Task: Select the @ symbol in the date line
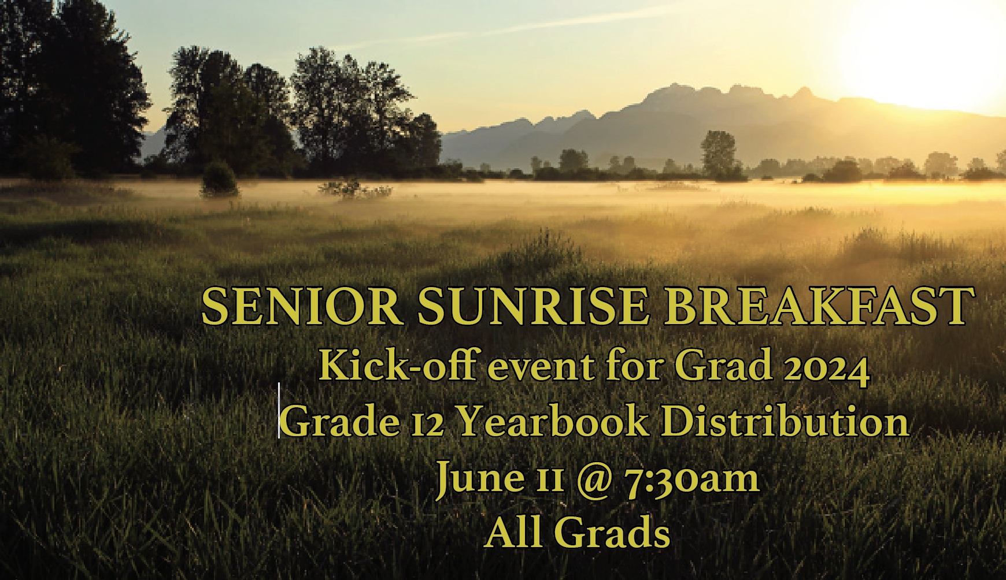coord(594,479)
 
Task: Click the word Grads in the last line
coord(612,532)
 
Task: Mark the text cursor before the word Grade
coord(279,410)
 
